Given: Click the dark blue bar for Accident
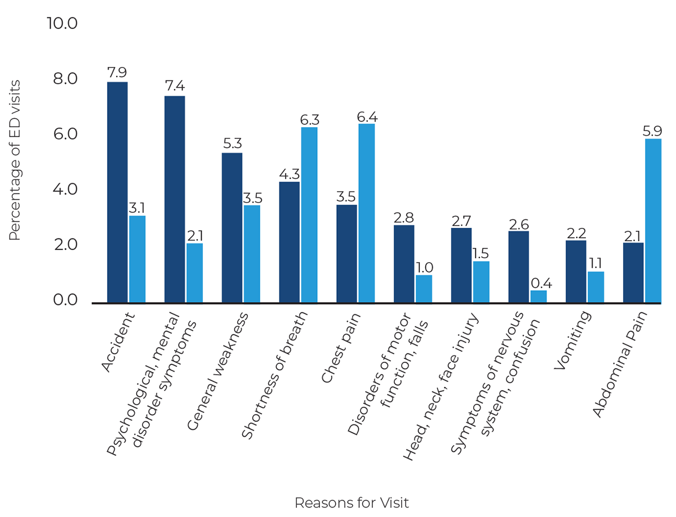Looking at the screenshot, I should pyautogui.click(x=118, y=192).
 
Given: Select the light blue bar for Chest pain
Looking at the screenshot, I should pyautogui.click(x=366, y=213).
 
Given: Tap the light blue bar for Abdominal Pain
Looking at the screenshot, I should pyautogui.click(x=653, y=221).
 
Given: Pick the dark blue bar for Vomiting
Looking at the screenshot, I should pyautogui.click(x=576, y=272).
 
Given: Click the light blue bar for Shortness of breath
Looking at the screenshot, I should pyautogui.click(x=309, y=215).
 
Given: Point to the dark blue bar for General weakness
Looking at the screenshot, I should pyautogui.click(x=232, y=228).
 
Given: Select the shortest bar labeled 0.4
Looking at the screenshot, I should pyautogui.click(x=539, y=296).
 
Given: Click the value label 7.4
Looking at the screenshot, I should pyautogui.click(x=175, y=87).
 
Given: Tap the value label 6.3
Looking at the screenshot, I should pyautogui.click(x=309, y=119).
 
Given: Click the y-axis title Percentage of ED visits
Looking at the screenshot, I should pyautogui.click(x=15, y=161).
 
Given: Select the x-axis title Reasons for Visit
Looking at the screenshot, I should pyautogui.click(x=352, y=502).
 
